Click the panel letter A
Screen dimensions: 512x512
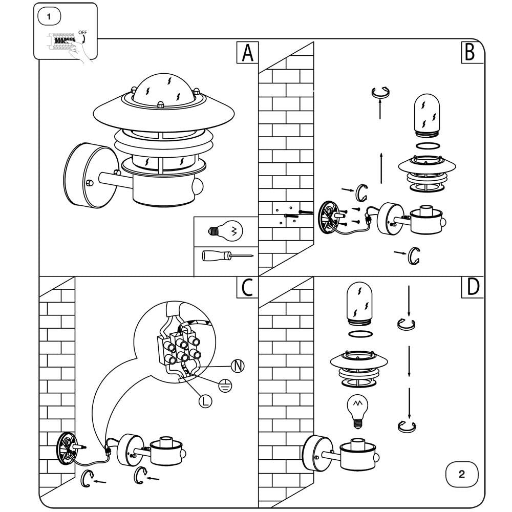(248, 53)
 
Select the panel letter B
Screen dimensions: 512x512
(472, 52)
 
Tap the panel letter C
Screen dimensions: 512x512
(247, 288)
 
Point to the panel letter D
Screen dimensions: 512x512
(472, 288)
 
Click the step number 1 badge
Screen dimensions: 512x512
(49, 16)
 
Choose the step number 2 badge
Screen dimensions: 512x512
(461, 474)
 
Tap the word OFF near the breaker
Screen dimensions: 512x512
(82, 32)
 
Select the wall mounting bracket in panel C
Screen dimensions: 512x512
(67, 449)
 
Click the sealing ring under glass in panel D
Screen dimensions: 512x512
(359, 334)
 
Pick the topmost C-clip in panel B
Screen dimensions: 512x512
(380, 93)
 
